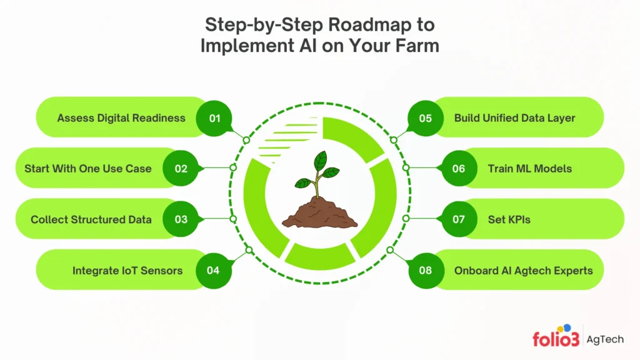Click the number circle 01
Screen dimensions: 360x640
pos(214,117)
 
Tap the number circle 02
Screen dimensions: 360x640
pos(181,169)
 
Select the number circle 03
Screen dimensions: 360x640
pos(181,219)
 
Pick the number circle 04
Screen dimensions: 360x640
pos(213,271)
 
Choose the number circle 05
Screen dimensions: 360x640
pos(426,117)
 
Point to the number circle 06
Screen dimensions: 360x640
pos(459,169)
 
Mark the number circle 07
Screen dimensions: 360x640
pos(459,219)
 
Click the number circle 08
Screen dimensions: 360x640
pos(426,271)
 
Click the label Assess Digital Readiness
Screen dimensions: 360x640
pos(121,117)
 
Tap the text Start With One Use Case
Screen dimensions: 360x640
pos(87,169)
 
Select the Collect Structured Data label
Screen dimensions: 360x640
pos(91,219)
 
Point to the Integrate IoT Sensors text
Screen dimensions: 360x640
pos(127,271)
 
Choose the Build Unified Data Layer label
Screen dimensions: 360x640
pos(514,117)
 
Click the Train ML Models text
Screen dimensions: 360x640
pos(529,169)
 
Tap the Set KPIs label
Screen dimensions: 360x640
pos(509,219)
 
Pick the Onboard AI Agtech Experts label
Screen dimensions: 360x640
pos(523,271)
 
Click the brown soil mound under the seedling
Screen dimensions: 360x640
pos(319,212)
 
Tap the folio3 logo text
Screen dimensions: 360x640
pos(554,339)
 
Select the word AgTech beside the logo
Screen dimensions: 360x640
pos(605,339)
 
